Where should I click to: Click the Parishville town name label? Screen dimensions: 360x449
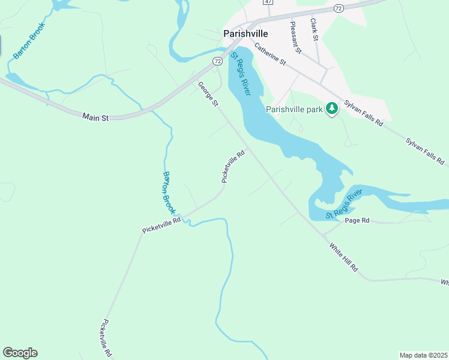point(245,34)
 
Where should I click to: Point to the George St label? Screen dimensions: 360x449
point(208,95)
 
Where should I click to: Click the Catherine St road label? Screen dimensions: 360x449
point(270,53)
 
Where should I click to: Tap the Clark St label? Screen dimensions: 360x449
point(314,29)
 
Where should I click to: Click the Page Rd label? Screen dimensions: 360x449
point(357,221)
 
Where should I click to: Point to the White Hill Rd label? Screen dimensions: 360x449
point(343,257)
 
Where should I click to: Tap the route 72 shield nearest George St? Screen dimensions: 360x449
point(217,61)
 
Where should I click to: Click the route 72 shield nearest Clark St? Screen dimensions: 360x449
point(339,8)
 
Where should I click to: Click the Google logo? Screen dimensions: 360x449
point(20,353)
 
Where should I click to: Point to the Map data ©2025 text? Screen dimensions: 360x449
point(423,355)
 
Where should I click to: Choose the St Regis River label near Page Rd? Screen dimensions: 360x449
point(344,204)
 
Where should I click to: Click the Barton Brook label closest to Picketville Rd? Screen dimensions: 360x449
point(169,193)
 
